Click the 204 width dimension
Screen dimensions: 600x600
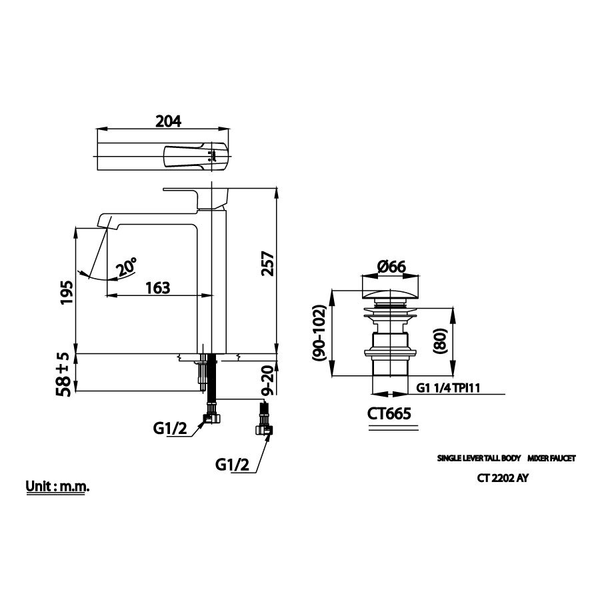168,121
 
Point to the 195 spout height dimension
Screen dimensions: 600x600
65,291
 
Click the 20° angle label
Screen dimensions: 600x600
126,267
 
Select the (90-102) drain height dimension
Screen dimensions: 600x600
320,333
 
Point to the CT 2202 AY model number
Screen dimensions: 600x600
503,477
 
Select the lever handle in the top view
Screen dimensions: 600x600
187,155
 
